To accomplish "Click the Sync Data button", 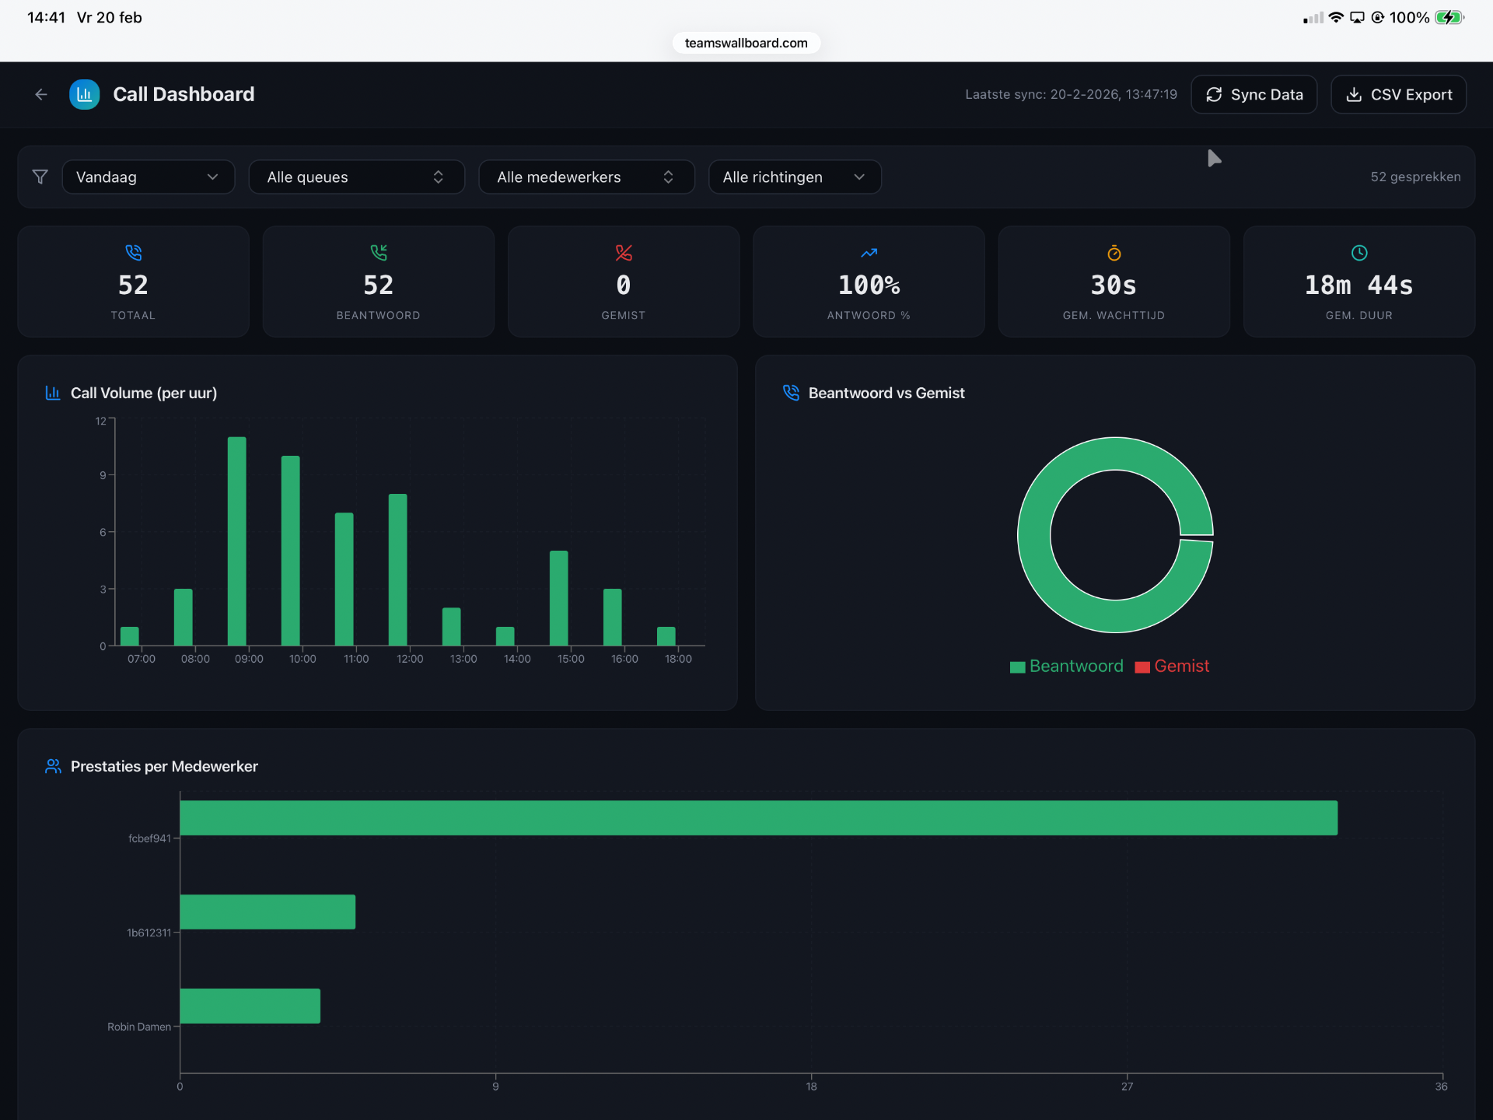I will point(1253,94).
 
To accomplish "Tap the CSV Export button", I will point(1398,94).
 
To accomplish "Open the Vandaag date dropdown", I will point(148,177).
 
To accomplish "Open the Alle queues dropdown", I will point(356,177).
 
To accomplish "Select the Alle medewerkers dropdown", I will point(586,177).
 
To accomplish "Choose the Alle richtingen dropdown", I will point(794,177).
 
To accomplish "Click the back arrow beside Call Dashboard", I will point(41,94).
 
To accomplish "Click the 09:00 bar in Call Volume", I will point(237,541).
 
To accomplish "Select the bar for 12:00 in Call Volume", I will point(398,569).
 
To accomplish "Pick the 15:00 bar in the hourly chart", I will point(559,598).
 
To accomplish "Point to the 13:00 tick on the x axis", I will point(463,659).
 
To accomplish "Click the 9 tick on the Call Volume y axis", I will point(103,475).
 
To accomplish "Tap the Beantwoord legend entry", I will point(1067,667).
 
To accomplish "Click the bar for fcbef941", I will point(758,818).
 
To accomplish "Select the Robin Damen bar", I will point(250,1006).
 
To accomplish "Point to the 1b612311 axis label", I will point(149,933).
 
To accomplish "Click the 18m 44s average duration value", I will point(1358,285).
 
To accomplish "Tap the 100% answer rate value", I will point(869,285).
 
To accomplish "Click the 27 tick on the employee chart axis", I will point(1127,1087).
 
